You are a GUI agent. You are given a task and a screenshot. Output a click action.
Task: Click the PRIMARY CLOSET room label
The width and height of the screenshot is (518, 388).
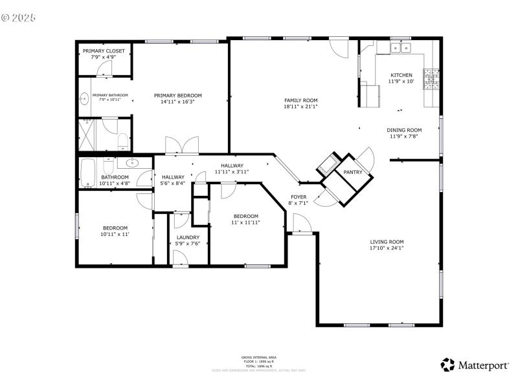tap(104, 51)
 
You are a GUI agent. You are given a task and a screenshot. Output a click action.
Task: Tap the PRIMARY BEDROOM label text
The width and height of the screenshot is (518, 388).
tap(177, 95)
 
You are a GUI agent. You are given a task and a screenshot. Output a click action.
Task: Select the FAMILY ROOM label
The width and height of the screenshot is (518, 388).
tap(301, 100)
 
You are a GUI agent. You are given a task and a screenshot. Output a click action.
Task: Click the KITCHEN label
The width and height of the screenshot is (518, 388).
tap(400, 75)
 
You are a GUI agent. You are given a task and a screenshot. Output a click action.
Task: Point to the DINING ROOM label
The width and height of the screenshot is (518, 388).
tap(405, 130)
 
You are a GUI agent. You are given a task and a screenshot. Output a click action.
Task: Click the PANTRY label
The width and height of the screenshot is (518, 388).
tap(353, 172)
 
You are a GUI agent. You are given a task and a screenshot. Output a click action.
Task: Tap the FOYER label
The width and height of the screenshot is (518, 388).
tap(298, 197)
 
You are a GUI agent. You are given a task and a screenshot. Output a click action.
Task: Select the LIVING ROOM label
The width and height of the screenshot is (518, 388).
tap(387, 242)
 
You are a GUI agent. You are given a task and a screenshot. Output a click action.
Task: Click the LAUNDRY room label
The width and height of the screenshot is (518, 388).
tap(188, 237)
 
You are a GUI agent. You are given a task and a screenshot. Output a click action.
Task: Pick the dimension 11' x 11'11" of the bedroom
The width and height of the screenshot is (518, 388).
tap(246, 222)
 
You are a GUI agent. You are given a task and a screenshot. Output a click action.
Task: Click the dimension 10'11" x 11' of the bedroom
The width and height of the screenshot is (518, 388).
tap(115, 234)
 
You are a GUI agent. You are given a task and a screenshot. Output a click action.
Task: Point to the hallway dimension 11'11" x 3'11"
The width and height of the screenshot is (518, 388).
tap(232, 172)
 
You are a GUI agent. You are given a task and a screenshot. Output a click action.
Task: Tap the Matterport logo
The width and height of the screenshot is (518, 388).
tap(475, 365)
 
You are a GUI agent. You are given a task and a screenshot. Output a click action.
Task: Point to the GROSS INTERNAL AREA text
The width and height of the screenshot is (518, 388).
tap(258, 357)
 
